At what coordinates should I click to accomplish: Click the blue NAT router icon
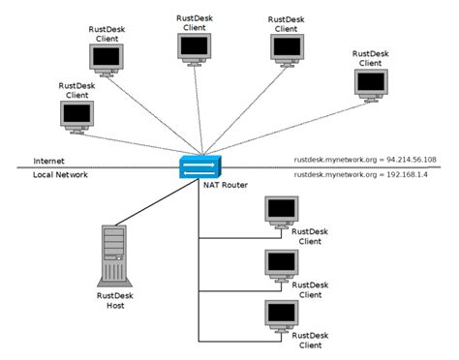tap(199, 165)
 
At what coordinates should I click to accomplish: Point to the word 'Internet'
tap(49, 161)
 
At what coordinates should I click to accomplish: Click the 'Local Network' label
tap(60, 175)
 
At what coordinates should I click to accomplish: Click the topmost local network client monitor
tap(281, 210)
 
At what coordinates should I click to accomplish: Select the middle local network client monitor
tap(281, 263)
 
